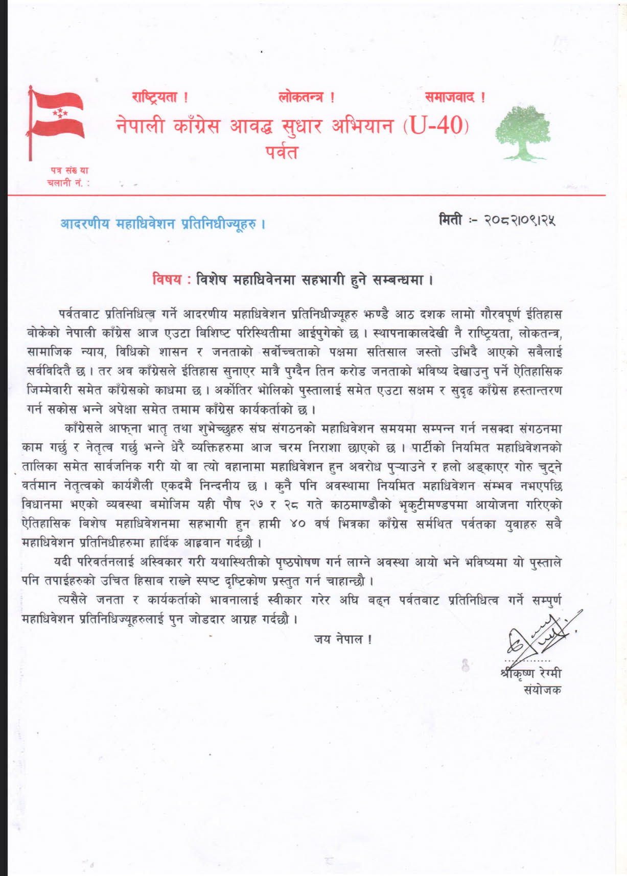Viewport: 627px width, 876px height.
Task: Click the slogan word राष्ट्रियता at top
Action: (x=155, y=97)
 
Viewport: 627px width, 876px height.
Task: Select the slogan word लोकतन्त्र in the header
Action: (x=301, y=97)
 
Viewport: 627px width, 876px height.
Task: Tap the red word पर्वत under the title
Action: (x=282, y=152)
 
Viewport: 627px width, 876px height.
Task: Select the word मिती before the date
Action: (x=451, y=220)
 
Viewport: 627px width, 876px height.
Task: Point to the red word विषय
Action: (x=167, y=279)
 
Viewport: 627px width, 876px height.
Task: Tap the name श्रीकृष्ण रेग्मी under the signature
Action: (x=531, y=673)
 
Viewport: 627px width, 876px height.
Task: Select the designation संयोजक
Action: (x=542, y=690)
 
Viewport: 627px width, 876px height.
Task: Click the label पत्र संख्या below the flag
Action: (x=69, y=171)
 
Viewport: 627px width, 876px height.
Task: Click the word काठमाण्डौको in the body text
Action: (x=360, y=505)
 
